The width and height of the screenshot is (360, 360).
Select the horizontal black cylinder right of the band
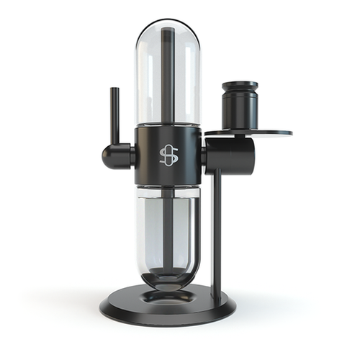229,155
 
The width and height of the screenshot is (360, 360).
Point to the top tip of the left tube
114,89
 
